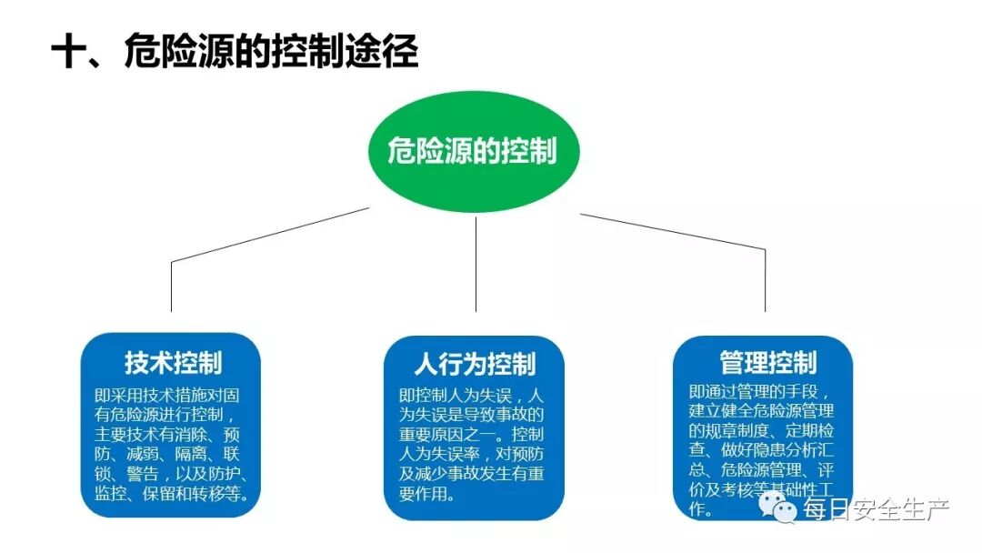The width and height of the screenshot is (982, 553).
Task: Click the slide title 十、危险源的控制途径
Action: (235, 53)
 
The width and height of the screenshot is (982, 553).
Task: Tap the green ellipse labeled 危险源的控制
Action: (472, 151)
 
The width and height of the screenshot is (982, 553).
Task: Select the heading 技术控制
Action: (173, 363)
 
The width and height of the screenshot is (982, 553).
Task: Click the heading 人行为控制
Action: (475, 364)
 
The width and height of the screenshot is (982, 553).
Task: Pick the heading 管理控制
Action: (767, 363)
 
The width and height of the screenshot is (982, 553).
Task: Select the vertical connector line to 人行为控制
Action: (476, 264)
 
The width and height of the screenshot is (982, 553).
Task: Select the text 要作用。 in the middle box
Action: (427, 495)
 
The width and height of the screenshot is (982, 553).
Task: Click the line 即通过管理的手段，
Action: (758, 392)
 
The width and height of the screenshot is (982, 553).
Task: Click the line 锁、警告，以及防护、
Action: (172, 475)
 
